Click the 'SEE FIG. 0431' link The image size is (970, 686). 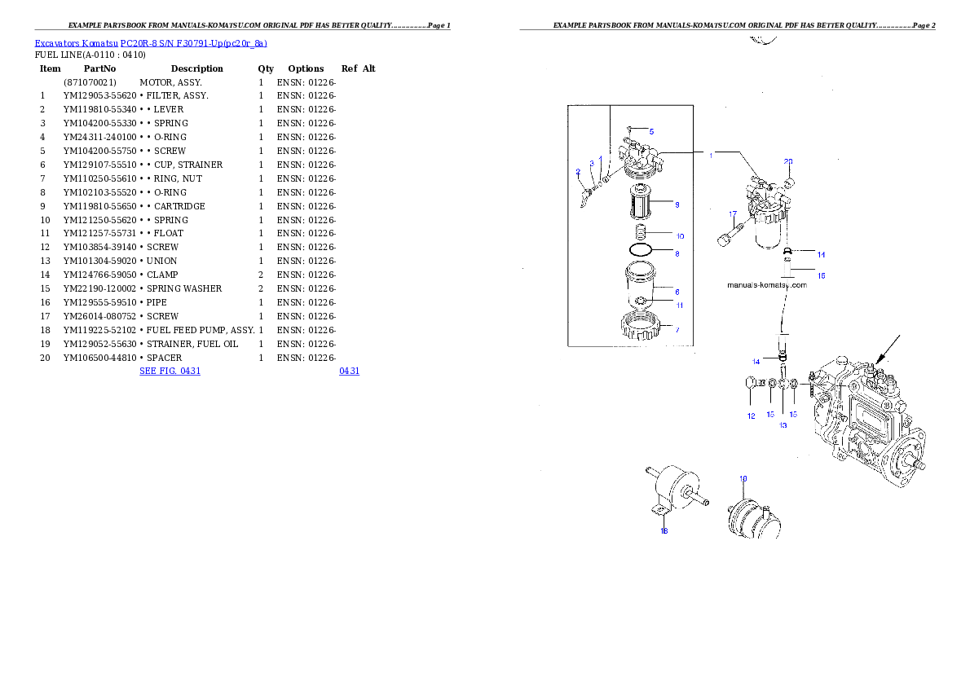[170, 372]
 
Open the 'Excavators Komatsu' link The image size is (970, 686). [76, 43]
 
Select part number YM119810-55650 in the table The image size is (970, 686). [99, 207]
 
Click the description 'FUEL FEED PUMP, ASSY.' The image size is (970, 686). [201, 330]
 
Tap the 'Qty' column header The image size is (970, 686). [266, 68]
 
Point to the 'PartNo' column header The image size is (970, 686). [99, 68]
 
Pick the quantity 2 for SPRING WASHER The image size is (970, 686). [261, 289]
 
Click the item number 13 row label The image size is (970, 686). [45, 261]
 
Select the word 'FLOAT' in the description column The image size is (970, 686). [169, 233]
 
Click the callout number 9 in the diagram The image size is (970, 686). [677, 204]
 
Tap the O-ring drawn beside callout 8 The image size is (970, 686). [640, 250]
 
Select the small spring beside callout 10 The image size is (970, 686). [641, 232]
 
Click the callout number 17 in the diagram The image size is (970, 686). [733, 214]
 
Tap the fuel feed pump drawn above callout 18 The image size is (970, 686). [677, 490]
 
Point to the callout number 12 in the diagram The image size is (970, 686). [751, 416]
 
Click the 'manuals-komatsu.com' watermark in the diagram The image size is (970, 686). [767, 285]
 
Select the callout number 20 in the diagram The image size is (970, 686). [788, 162]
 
